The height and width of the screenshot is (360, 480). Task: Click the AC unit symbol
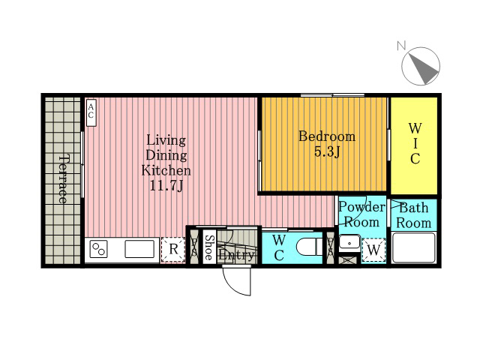coord(91,112)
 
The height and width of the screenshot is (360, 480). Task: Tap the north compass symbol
coord(421,66)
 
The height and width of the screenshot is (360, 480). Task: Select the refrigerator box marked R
coord(173,250)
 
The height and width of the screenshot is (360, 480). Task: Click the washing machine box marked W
coord(373,250)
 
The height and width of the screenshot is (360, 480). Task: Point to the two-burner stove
coord(98,249)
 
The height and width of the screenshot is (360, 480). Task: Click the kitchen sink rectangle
coord(139,249)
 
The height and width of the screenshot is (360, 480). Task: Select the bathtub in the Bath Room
coord(413,247)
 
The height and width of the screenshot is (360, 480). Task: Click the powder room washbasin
coord(349,242)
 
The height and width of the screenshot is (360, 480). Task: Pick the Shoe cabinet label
coord(208,247)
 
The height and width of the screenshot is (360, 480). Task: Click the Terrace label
coord(63,179)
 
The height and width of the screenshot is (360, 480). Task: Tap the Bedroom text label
coord(327,136)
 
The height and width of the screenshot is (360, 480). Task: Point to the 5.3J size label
coord(327,151)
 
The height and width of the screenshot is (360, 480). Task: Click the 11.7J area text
coord(166,185)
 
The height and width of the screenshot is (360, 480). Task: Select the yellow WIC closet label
coord(415,143)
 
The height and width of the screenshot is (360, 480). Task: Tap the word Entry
coord(237,255)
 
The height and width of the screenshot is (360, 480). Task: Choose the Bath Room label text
coord(413,215)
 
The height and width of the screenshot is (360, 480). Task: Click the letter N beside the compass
coord(401,46)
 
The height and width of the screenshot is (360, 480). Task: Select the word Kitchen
coord(166,170)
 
